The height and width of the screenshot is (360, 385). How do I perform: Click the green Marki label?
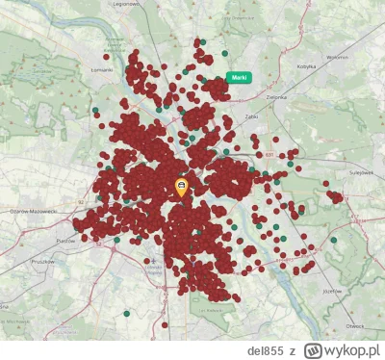pyautogui.click(x=238, y=77)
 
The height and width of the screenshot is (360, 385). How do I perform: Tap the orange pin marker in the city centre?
pyautogui.click(x=182, y=186)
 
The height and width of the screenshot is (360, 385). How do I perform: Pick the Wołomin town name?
pyautogui.click(x=337, y=57)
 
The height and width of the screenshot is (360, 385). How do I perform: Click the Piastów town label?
pyautogui.click(x=65, y=240)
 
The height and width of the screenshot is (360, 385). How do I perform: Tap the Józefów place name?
pyautogui.click(x=333, y=290)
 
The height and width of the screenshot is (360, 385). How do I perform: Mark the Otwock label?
pyautogui.click(x=355, y=324)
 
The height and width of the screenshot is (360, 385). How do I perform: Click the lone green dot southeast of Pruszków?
pyautogui.click(x=126, y=313)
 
